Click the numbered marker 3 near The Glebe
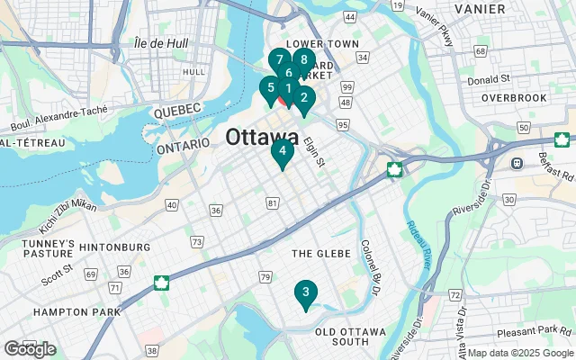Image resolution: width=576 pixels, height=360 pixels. pyautogui.click(x=305, y=292)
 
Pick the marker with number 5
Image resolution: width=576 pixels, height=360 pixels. pyautogui.click(x=268, y=88)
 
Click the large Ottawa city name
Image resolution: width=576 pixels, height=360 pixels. pyautogui.click(x=263, y=138)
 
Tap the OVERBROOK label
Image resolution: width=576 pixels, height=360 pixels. pyautogui.click(x=514, y=96)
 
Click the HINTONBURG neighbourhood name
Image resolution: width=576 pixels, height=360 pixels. pyautogui.click(x=114, y=247)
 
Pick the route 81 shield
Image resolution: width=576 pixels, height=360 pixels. pyautogui.click(x=272, y=205)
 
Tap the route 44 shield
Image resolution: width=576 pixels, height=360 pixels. pyautogui.click(x=349, y=18)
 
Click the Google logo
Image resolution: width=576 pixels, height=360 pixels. pyautogui.click(x=29, y=349)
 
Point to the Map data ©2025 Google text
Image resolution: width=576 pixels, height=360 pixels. pyautogui.click(x=520, y=353)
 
